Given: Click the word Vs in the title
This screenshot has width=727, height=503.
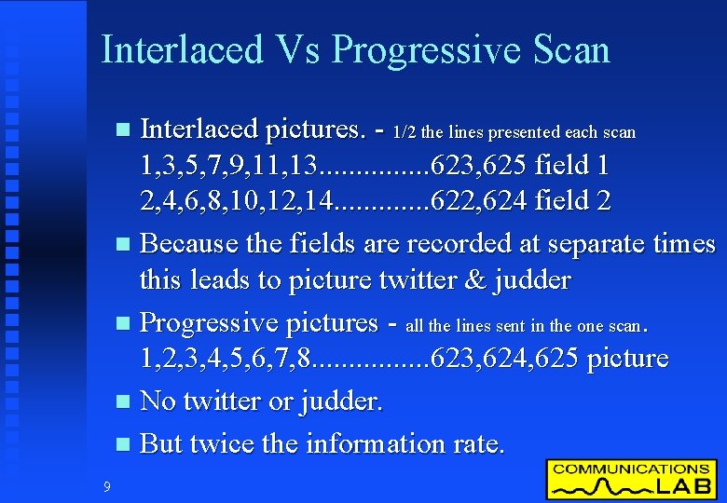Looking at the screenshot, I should coord(296,49).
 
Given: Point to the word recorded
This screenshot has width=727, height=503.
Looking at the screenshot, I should coord(435,244).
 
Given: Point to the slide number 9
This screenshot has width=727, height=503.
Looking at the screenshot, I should coord(107,485).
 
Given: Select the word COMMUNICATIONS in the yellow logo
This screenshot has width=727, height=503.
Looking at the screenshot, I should coord(631,469).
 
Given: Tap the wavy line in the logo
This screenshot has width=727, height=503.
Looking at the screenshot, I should coord(597,486).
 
